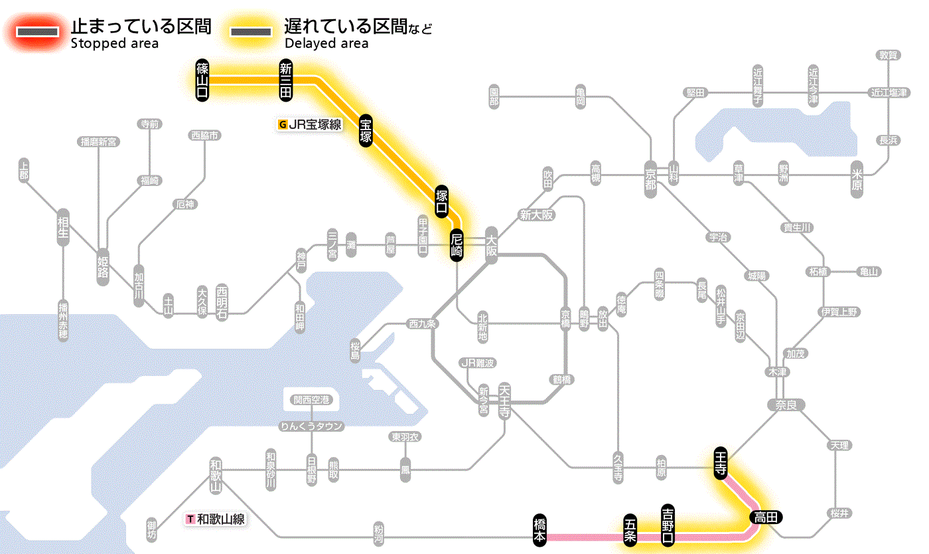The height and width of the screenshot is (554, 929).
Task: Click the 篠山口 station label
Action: tap(202, 80)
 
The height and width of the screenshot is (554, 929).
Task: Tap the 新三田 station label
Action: tap(286, 80)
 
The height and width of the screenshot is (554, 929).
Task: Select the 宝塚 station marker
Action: tap(366, 130)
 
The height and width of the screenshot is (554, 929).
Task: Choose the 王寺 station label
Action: tap(721, 462)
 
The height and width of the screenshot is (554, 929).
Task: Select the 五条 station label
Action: tap(630, 529)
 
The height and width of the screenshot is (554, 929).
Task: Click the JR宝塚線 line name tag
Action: tap(311, 124)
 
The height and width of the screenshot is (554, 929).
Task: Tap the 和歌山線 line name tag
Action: tap(216, 519)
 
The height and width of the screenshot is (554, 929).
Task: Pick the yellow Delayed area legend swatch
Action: tap(250, 32)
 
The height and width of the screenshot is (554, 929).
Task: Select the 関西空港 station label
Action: tap(311, 400)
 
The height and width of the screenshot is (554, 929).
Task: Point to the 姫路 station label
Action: tap(103, 266)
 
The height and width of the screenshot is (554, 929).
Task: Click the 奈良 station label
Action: tap(785, 404)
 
